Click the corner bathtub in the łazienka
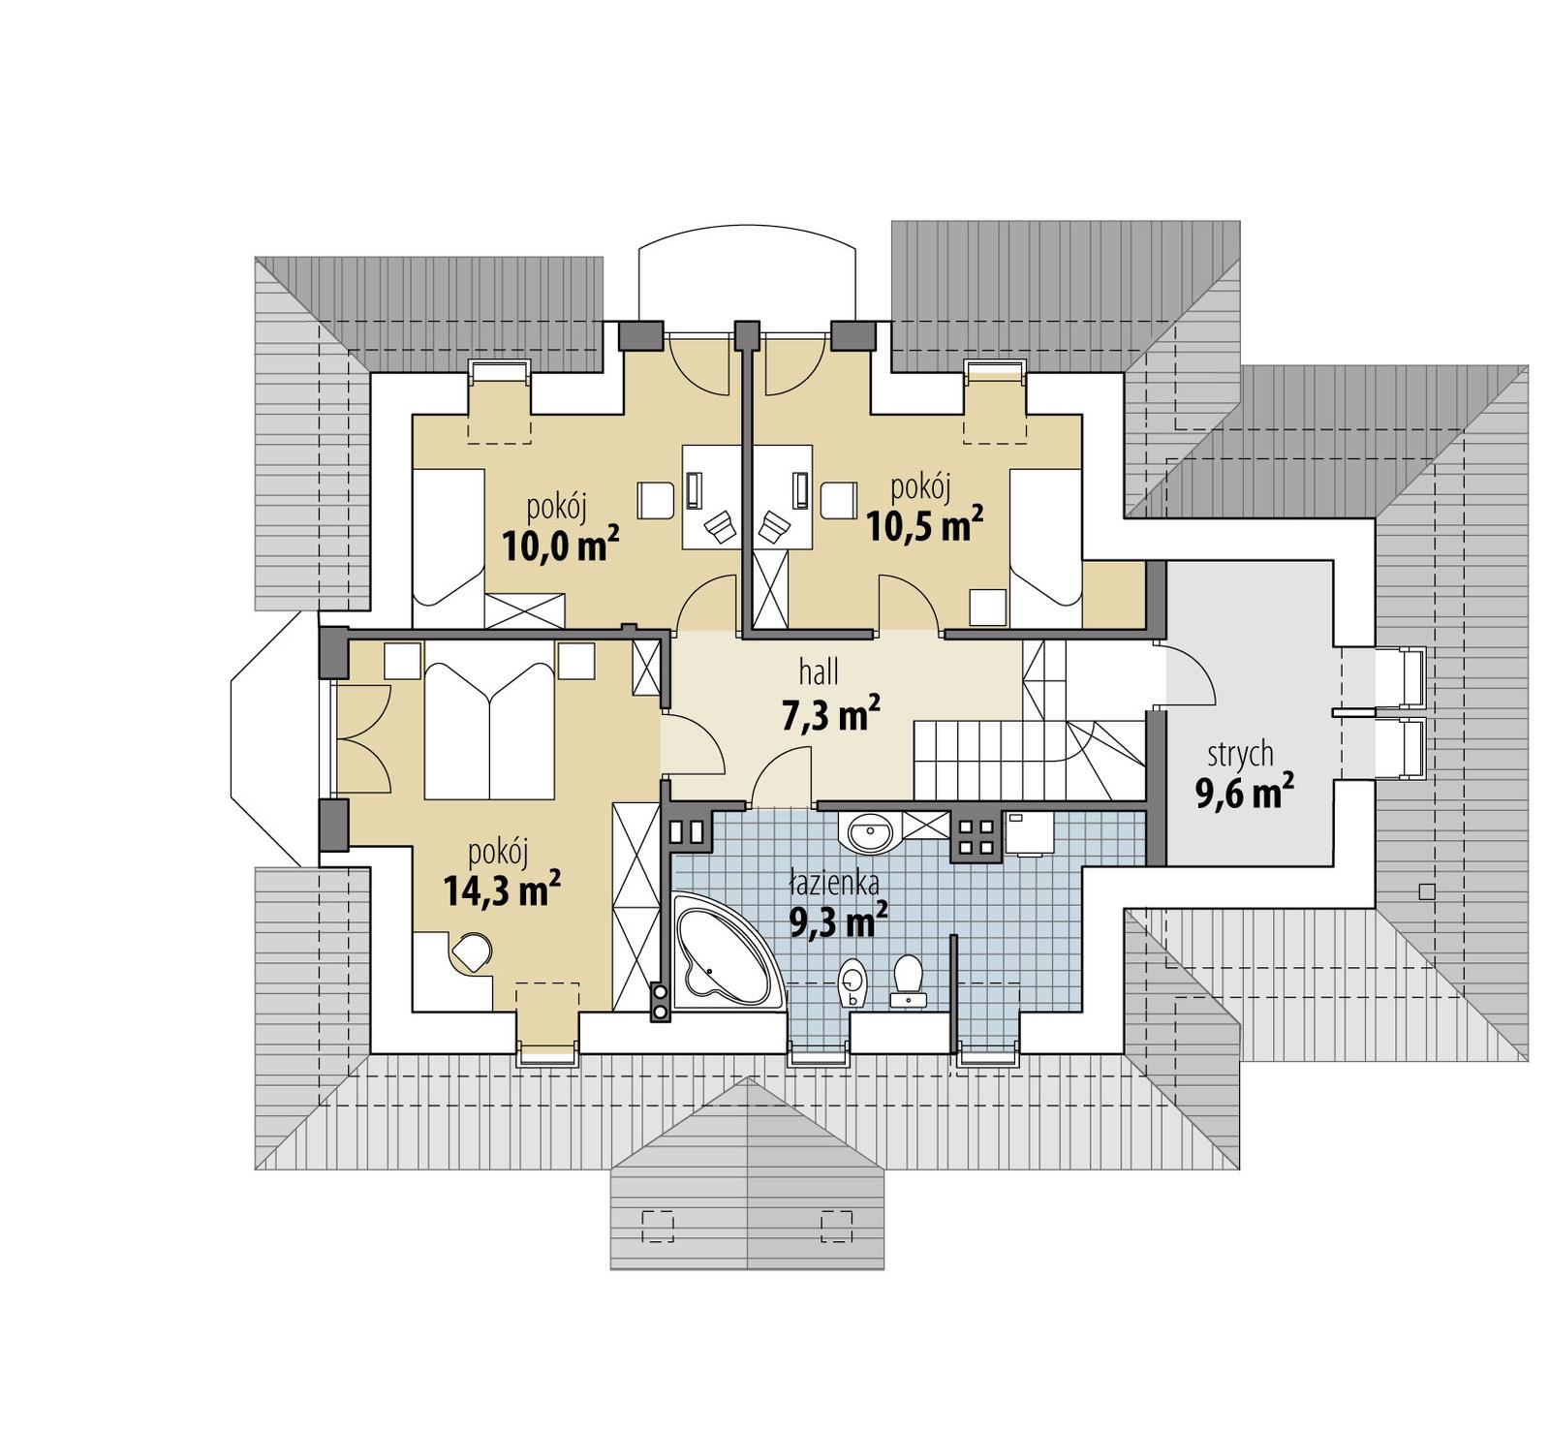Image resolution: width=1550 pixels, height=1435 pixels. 722,953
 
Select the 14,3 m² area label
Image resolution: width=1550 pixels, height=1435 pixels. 502,889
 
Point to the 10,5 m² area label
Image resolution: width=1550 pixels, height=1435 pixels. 924,525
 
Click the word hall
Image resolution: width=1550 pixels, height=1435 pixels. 819,671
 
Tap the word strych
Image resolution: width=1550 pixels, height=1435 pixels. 1240,754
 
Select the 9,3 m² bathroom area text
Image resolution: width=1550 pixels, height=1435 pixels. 839,921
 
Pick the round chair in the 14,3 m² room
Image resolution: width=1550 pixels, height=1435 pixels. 473,952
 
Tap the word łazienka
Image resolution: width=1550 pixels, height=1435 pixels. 833,883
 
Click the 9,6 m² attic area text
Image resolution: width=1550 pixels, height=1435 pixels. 1244,793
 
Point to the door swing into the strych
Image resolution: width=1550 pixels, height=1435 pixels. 1187,673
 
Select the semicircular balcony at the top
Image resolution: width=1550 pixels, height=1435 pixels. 746,276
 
